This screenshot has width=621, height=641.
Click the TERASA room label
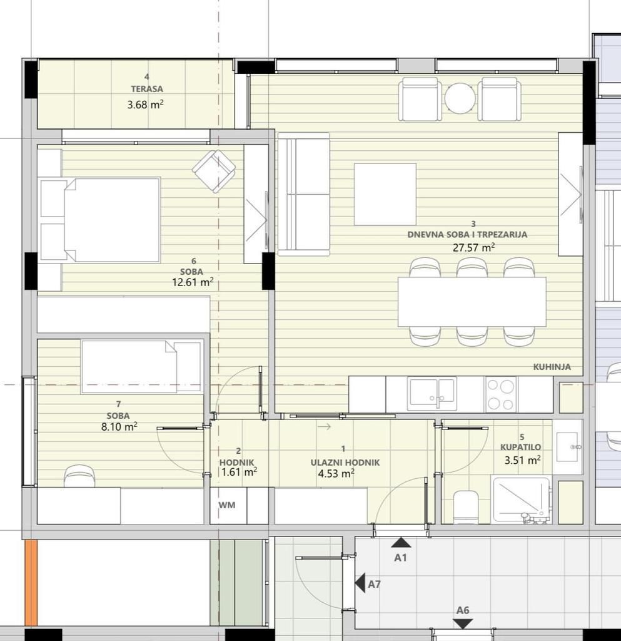click(147, 89)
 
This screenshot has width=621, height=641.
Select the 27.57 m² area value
click(473, 247)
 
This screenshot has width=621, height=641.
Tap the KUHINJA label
click(552, 367)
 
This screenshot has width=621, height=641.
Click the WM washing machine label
click(227, 505)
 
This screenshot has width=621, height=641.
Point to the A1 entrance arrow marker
click(401, 543)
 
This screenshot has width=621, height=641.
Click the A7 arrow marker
click(360, 583)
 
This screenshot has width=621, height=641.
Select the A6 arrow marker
click(463, 623)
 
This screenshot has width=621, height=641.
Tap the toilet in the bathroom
click(465, 506)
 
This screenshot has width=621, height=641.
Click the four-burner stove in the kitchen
click(500, 394)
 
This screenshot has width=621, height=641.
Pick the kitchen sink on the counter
click(432, 394)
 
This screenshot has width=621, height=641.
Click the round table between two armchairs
click(460, 99)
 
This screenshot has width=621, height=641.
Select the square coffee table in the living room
click(385, 194)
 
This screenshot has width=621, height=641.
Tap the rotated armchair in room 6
click(214, 171)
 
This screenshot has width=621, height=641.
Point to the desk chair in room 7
click(79, 477)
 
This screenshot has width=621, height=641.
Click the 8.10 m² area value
click(118, 427)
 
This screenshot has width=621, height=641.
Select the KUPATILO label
click(520, 448)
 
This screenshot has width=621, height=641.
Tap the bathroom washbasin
click(567, 447)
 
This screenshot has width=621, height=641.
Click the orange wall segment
click(31, 582)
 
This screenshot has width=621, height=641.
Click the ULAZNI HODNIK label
click(345, 462)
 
